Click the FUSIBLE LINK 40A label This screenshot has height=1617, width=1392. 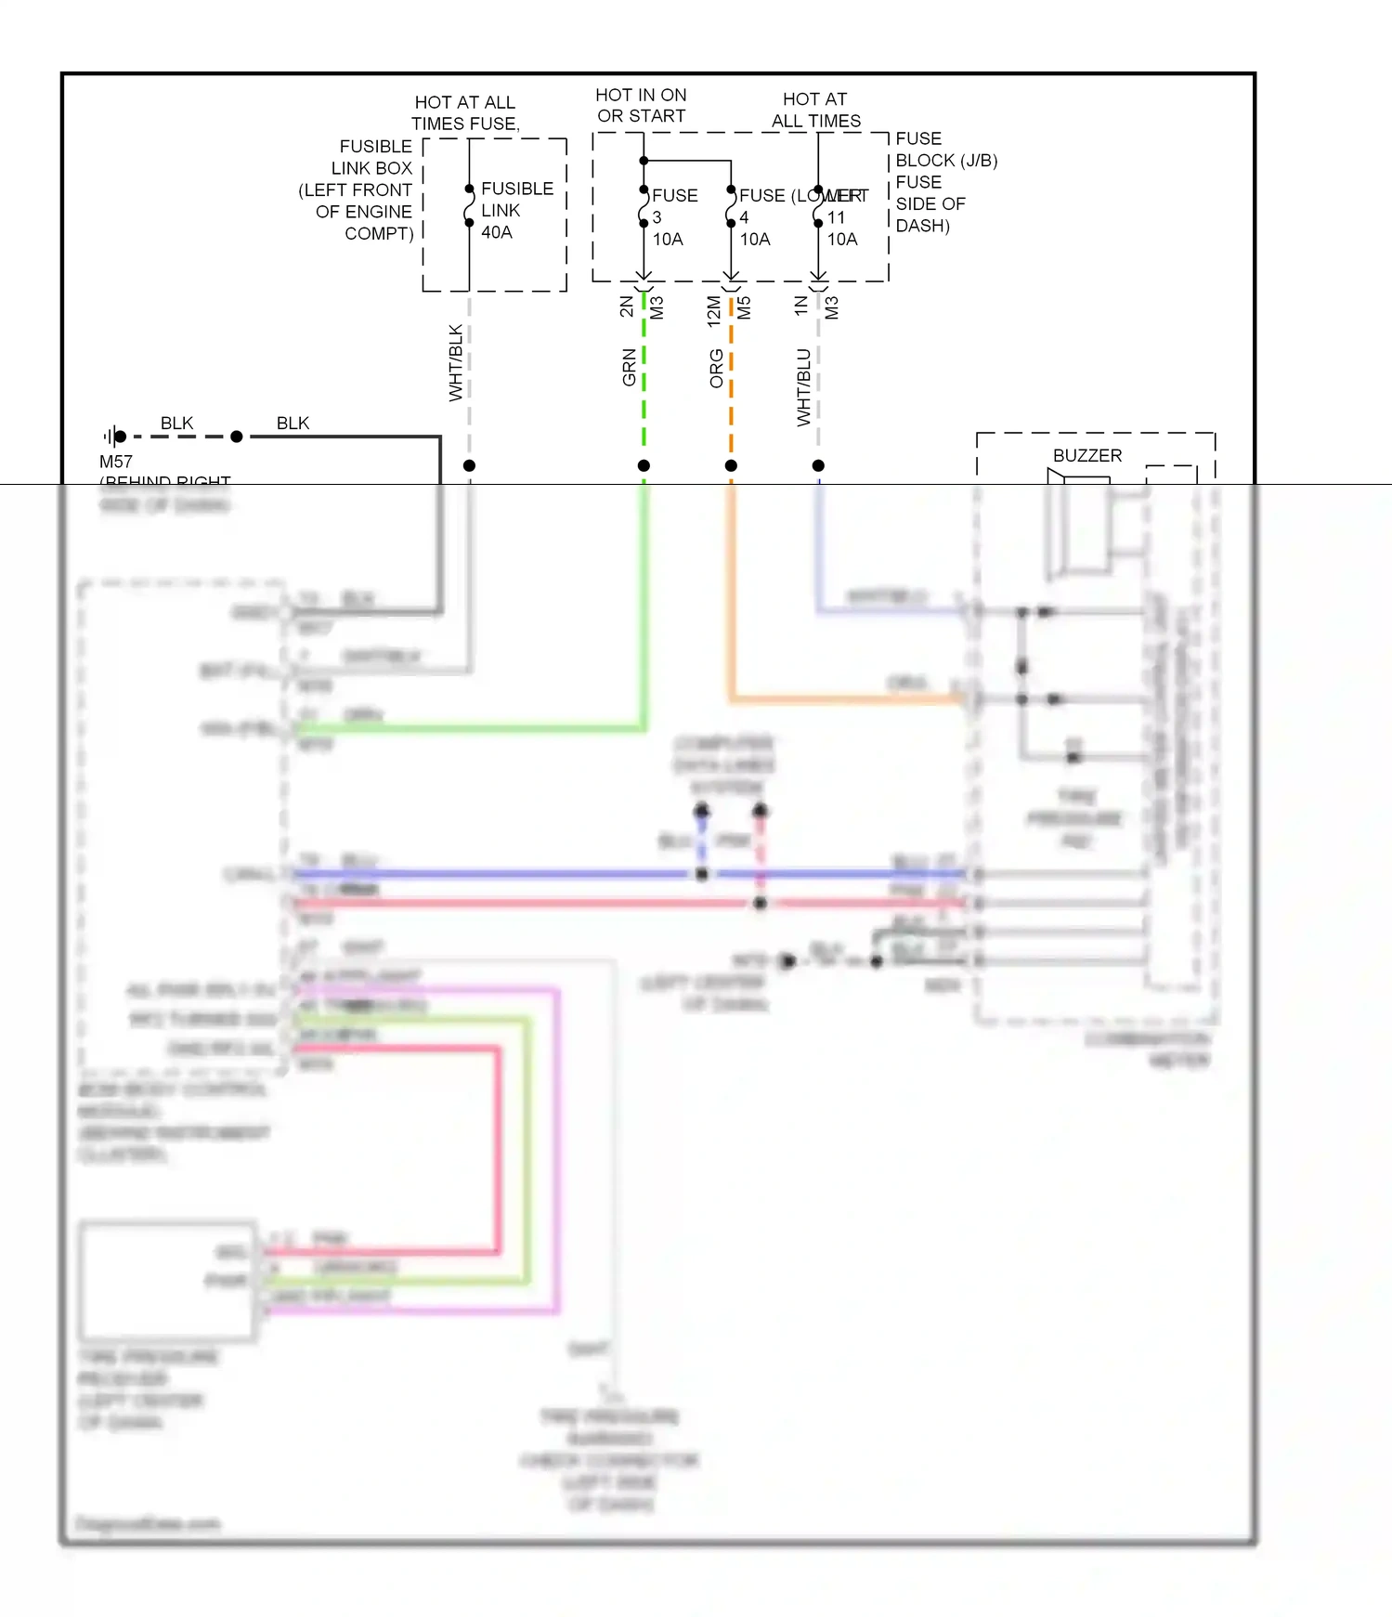(515, 210)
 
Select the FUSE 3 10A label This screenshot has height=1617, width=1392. (673, 217)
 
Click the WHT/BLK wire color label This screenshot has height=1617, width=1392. (456, 362)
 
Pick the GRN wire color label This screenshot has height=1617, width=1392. (630, 367)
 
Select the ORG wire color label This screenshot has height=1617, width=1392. (716, 368)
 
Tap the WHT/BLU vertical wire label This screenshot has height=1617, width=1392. (804, 387)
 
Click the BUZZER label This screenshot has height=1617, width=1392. (1086, 456)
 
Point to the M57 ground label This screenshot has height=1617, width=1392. (116, 462)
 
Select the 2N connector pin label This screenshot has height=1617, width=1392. (627, 306)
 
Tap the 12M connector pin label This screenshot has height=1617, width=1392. (713, 310)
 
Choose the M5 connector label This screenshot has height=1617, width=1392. (744, 307)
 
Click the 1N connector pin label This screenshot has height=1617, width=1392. (800, 306)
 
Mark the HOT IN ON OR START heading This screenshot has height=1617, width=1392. (641, 105)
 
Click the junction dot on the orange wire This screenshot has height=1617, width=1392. (731, 465)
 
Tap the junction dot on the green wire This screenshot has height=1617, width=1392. (644, 465)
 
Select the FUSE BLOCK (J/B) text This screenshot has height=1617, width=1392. (945, 150)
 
